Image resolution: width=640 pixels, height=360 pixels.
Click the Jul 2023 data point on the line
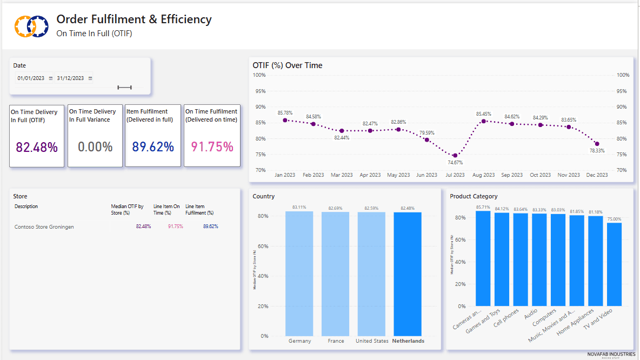(x=455, y=156)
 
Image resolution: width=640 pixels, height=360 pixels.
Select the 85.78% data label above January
(x=285, y=113)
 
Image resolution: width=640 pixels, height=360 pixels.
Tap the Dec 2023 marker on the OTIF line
(x=597, y=144)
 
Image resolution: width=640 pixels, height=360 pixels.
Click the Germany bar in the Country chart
(x=299, y=273)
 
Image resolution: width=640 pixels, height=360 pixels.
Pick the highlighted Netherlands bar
(x=408, y=274)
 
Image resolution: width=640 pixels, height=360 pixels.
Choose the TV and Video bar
(x=614, y=264)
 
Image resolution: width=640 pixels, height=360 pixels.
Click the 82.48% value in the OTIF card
(x=37, y=147)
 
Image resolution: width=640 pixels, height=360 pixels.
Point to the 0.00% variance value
(x=95, y=146)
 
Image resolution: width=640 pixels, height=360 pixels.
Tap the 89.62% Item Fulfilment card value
(x=153, y=146)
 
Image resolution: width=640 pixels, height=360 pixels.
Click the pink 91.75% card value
(x=212, y=146)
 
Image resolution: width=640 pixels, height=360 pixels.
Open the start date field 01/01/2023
(x=31, y=78)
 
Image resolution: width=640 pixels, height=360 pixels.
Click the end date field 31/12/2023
(x=70, y=78)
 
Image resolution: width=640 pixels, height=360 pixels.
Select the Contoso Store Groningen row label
(x=44, y=227)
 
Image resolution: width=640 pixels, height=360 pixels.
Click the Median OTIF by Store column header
(x=127, y=209)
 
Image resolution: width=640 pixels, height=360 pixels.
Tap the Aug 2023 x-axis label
(x=483, y=175)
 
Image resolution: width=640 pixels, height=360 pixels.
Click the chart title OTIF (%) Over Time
(x=288, y=65)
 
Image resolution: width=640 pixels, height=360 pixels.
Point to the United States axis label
(x=372, y=341)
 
